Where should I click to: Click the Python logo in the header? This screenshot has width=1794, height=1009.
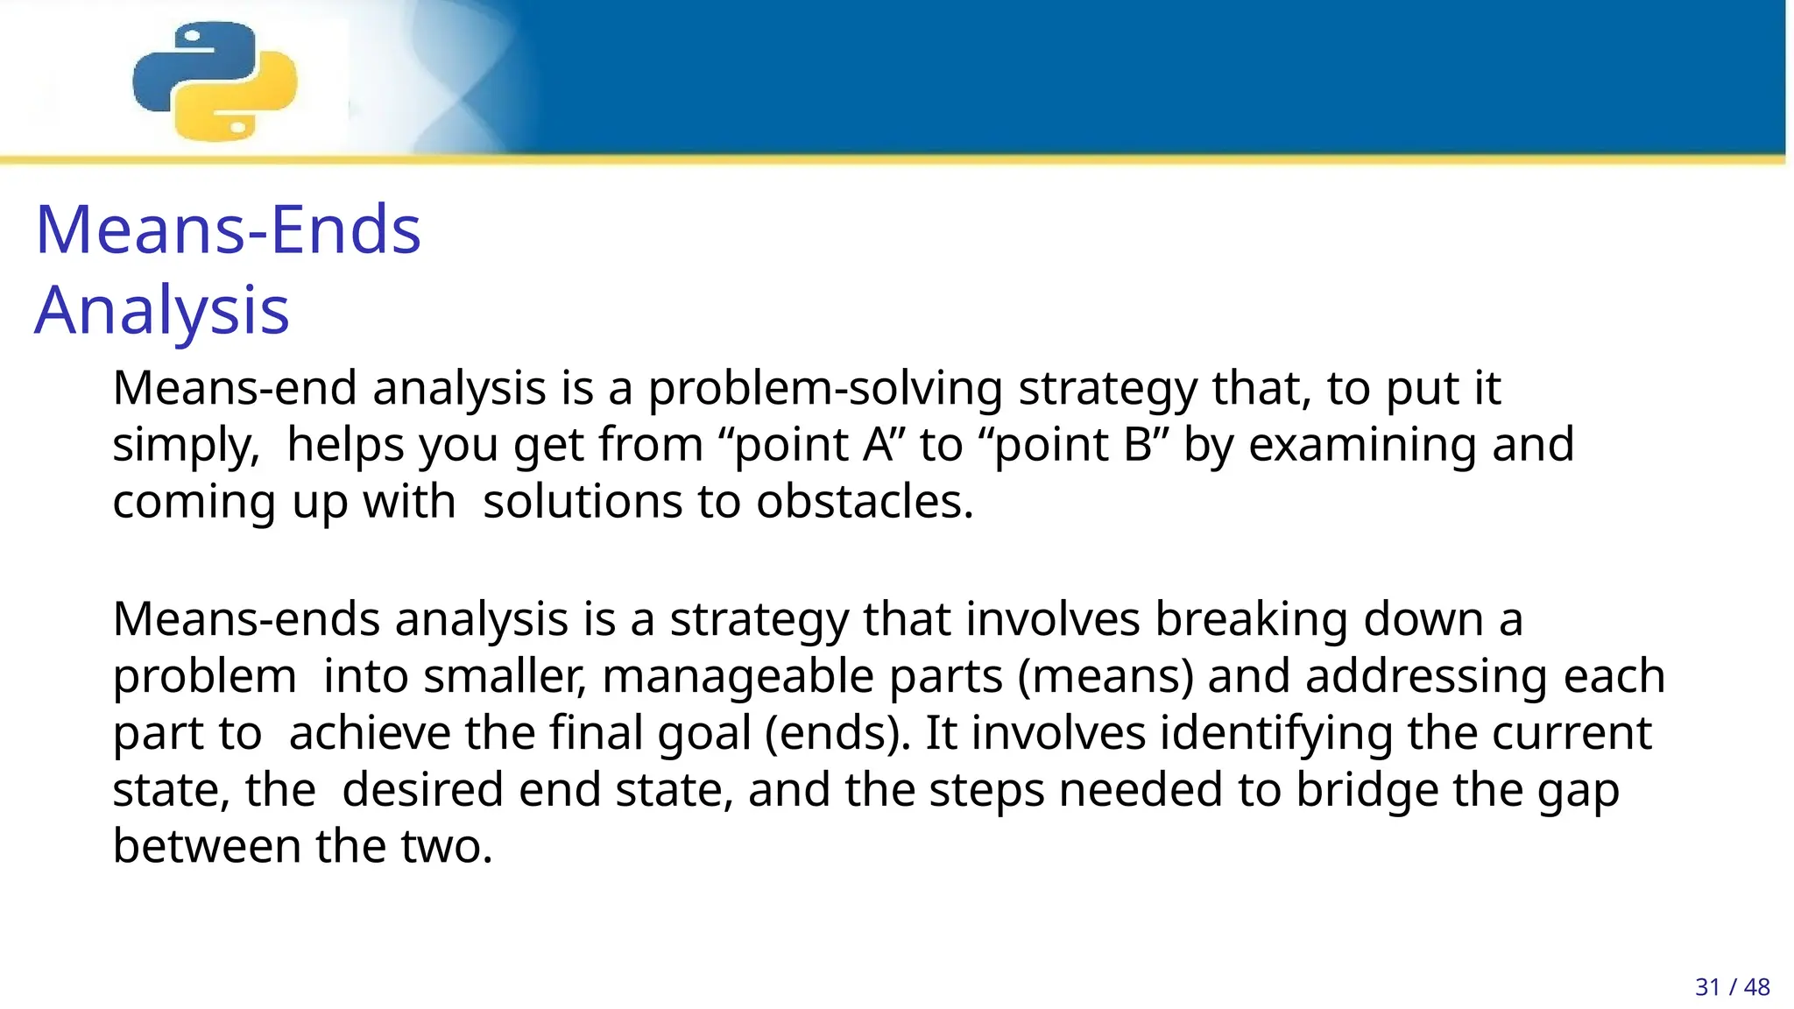pos(215,81)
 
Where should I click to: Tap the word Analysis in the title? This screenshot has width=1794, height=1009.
pos(162,310)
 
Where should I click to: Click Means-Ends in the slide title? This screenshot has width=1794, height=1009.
pos(228,229)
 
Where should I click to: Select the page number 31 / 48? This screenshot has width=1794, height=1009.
pos(1732,987)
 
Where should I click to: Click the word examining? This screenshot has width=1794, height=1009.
pos(1362,444)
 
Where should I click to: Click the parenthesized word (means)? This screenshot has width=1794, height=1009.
pos(1105,676)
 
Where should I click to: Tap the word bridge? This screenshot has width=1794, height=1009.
pos(1367,790)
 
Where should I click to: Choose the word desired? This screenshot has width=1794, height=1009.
pos(422,790)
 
